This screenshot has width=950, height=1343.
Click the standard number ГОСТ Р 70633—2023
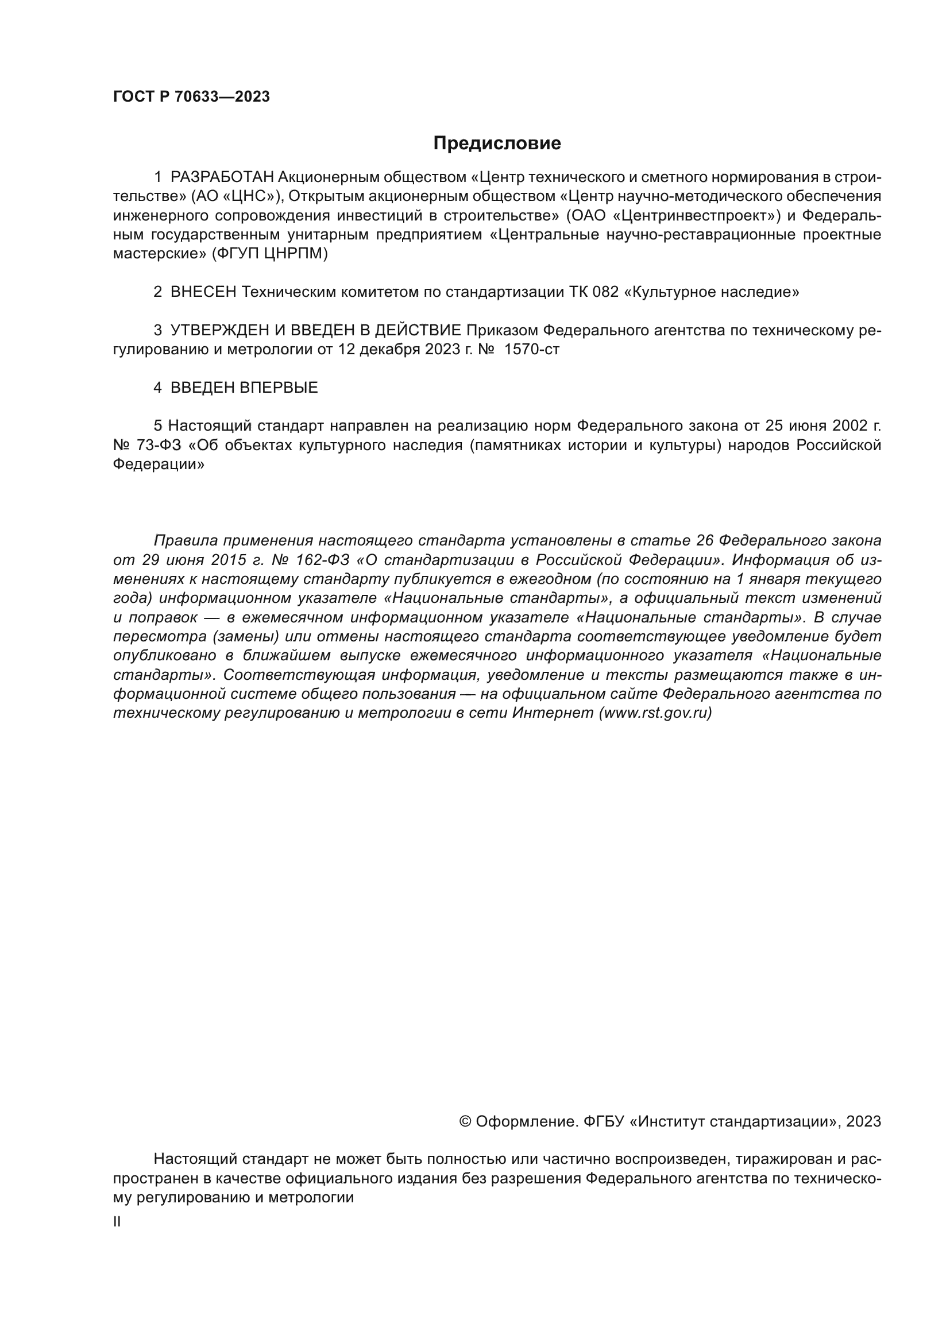point(191,97)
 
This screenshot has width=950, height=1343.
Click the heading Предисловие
point(497,144)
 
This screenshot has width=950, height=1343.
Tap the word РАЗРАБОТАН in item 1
point(222,177)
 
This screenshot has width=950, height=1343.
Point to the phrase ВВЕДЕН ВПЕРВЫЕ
point(244,388)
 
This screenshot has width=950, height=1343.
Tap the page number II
point(117,1222)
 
